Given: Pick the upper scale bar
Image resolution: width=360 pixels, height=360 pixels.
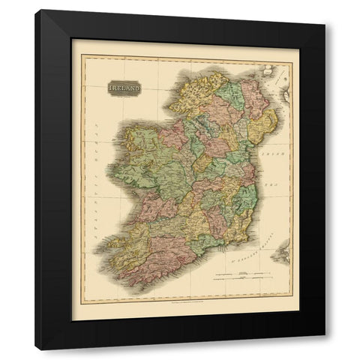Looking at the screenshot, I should (236, 274).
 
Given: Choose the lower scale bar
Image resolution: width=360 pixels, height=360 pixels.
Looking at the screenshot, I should (237, 283).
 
